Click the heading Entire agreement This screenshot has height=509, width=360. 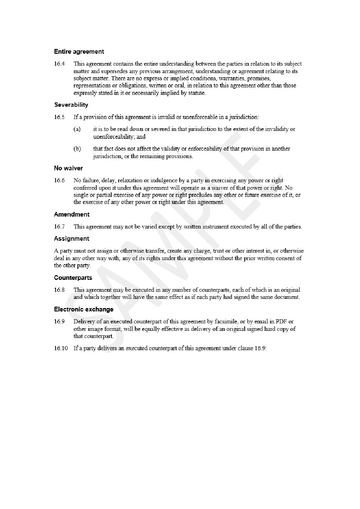79,52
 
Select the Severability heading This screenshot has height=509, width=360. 71,105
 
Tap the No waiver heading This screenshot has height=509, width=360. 68,168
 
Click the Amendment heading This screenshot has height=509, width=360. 72,214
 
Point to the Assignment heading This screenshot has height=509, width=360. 71,238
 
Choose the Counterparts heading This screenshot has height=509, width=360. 73,277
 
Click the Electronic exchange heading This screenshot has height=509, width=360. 84,309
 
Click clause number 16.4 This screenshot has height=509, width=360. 59,64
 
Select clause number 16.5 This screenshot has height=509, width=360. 59,117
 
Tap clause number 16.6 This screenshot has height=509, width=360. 59,181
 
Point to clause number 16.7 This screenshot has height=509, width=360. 59,226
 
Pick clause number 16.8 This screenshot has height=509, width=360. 59,290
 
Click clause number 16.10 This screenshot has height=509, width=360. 61,349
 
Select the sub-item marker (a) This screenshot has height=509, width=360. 77,130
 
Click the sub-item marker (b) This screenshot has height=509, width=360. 77,149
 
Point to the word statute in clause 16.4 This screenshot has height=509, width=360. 196,93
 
